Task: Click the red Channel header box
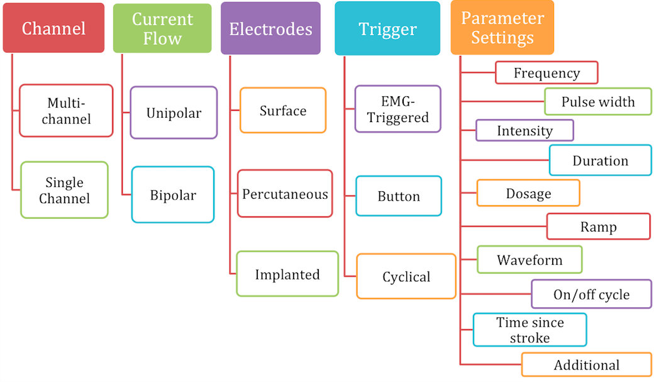pos(53,28)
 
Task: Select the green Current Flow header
pos(162,28)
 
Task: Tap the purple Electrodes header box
pos(270,28)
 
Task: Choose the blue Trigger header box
pos(387,28)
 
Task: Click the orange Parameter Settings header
pos(502,28)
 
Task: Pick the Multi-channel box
pos(66,111)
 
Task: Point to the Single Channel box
pos(64,190)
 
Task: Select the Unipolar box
pos(174,113)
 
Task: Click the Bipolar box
pos(173,194)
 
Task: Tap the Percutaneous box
pos(285,194)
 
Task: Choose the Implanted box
pos(287,274)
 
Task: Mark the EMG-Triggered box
pos(398,110)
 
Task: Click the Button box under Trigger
pos(399,196)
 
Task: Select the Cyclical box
pos(406,276)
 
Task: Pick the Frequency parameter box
pos(547,72)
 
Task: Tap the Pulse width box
pos(598,101)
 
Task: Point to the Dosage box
pos(528,193)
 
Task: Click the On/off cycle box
pos(592,295)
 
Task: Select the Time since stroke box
pos(529,330)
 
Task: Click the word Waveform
pos(529,260)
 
